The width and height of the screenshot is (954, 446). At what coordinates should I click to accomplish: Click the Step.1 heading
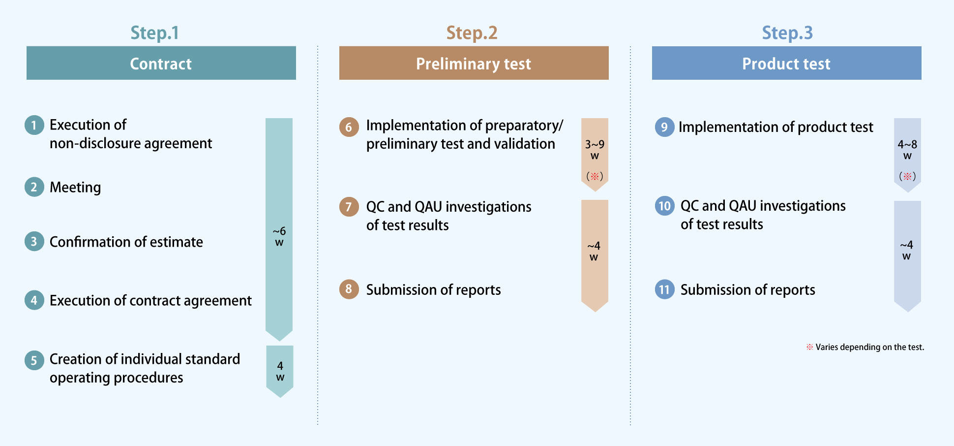[154, 33]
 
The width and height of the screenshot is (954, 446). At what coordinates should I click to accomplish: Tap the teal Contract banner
[161, 63]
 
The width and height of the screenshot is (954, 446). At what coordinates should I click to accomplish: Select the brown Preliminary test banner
[474, 63]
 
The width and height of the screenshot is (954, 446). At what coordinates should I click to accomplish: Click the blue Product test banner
[787, 63]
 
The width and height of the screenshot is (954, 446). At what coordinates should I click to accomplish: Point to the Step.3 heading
[787, 33]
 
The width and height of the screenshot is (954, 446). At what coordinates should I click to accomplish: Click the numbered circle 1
[34, 125]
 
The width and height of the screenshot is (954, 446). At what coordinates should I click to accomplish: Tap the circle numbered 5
[34, 360]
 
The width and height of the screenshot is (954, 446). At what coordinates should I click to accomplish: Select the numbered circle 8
[349, 289]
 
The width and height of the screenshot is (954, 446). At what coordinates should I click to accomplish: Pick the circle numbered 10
[664, 206]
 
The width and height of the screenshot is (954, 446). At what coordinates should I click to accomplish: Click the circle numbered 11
[664, 289]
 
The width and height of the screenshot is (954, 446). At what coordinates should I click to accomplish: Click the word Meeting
[75, 187]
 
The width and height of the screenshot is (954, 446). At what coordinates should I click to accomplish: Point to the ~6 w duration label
[279, 236]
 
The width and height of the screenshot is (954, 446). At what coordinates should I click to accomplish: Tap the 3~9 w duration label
[595, 150]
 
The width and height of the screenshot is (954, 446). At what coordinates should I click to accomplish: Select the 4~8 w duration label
[907, 150]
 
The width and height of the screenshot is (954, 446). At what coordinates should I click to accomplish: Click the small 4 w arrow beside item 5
[280, 371]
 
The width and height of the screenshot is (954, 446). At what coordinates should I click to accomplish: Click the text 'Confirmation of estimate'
[126, 242]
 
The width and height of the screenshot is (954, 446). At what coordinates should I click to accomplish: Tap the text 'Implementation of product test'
[776, 127]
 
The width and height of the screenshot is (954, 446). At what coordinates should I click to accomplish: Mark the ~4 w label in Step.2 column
[594, 251]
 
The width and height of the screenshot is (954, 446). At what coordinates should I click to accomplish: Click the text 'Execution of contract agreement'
[150, 300]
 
